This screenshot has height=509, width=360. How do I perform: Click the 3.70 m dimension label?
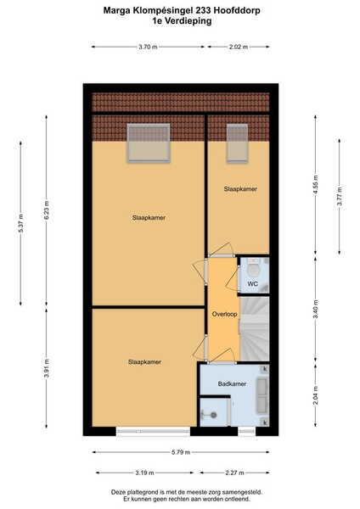coord(148,47)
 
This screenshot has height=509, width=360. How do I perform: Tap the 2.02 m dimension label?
coord(239,47)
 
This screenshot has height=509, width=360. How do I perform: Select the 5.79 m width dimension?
coord(181,452)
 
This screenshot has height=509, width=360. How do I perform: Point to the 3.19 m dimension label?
coord(144,473)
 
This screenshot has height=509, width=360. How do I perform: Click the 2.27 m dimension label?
coord(234,473)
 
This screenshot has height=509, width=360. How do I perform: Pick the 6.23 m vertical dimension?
coord(47,210)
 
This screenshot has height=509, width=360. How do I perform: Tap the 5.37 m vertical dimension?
coord(21,223)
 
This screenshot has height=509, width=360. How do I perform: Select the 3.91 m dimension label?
coord(47,368)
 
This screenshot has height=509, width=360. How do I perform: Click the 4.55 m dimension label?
coord(315,185)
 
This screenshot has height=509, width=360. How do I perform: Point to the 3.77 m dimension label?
coord(340,197)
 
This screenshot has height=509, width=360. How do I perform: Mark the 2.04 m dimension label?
coord(315,395)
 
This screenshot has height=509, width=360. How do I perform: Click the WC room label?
coord(253,283)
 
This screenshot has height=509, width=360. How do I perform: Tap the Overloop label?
coord(224,314)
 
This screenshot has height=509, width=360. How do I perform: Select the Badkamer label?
coord(232,384)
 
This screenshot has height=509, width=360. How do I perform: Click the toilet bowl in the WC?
coord(253,268)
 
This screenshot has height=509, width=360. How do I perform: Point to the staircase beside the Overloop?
coord(255,328)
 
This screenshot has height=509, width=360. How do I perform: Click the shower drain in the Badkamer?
coord(213,415)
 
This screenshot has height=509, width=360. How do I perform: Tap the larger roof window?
coord(149,143)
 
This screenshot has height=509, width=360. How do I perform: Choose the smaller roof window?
coord(237,143)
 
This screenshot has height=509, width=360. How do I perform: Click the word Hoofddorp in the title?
coord(237,10)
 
